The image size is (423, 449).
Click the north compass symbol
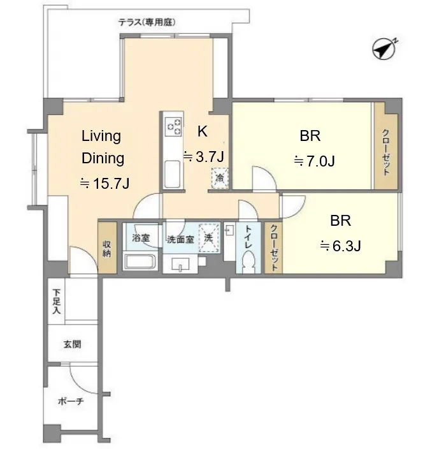coord(384,49)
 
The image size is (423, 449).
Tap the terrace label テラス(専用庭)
coord(147,22)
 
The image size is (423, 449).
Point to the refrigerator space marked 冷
coord(220,178)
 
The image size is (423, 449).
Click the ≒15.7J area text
coord(104,183)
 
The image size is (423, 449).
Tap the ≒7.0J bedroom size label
coord(314,161)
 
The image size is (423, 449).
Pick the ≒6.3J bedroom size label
coord(340,246)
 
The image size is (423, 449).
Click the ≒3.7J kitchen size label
coord(203,157)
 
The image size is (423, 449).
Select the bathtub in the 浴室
coord(140,261)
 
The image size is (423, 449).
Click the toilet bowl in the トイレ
coord(248,262)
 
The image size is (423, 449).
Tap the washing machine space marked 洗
coord(209,239)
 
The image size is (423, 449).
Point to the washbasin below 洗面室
coord(180,264)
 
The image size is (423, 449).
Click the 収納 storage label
coord(106,249)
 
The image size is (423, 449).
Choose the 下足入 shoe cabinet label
coord(57,302)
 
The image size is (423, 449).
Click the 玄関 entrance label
coord(73,344)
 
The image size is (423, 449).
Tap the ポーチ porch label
coord(71,401)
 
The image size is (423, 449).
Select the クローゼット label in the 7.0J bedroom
coord(386,152)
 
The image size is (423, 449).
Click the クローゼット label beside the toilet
coord(274,247)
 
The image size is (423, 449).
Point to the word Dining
coord(103,159)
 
